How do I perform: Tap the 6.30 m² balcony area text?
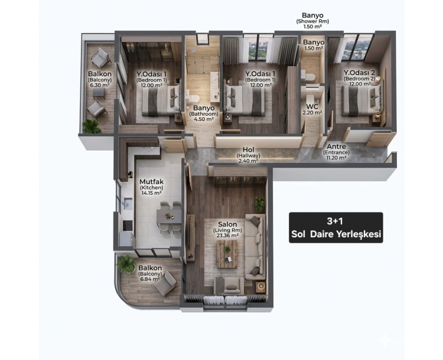click(x=99, y=85)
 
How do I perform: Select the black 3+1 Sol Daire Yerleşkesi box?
click(x=336, y=228)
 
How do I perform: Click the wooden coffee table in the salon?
click(x=227, y=254)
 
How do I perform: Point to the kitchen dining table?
click(x=169, y=216)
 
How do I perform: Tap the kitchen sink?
click(x=128, y=203)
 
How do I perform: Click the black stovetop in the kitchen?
click(x=128, y=225)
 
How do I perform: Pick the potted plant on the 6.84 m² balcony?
click(x=126, y=264)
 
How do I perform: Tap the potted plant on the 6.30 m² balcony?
click(x=92, y=126)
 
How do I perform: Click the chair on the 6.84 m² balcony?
click(x=166, y=283)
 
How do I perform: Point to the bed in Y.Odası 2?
click(x=363, y=100)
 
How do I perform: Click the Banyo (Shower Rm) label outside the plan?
click(x=312, y=21)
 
